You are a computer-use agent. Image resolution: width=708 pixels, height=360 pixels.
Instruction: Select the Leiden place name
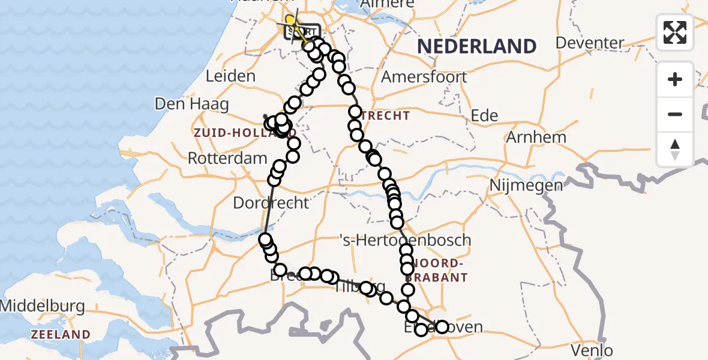(230, 76)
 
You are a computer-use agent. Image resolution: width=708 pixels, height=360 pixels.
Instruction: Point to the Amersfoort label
(424, 77)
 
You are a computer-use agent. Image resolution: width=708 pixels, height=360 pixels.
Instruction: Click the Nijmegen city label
(527, 185)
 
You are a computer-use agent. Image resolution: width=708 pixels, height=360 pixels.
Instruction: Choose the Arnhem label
(536, 137)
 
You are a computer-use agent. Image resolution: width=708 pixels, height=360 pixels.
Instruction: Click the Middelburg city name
(42, 306)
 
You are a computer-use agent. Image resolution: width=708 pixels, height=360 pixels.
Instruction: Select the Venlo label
(593, 350)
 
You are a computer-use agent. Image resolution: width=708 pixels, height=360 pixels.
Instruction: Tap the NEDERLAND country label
(476, 46)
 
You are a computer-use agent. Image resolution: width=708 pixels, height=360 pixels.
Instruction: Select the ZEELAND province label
(61, 334)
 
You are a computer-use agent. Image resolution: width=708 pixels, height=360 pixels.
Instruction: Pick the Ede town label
(485, 115)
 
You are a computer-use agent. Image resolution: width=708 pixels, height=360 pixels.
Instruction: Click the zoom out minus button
(675, 114)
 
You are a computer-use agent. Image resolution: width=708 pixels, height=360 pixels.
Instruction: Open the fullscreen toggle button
(675, 32)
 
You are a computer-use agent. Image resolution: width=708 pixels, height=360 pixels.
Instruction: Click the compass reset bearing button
(675, 149)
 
